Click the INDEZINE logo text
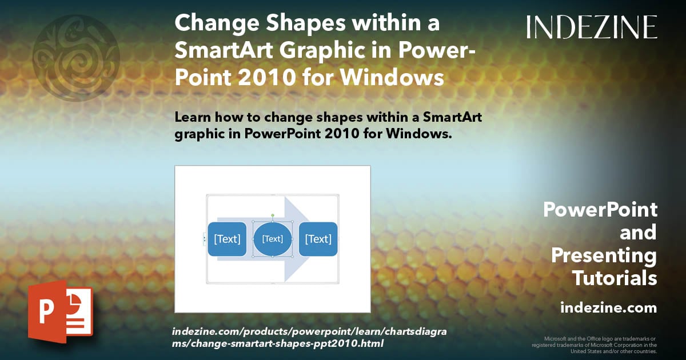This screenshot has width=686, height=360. [x=592, y=27]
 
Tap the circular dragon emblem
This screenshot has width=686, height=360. [x=76, y=58]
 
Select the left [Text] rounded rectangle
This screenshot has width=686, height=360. [x=227, y=239]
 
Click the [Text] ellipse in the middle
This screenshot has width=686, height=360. [x=273, y=239]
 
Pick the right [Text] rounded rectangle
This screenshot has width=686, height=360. [x=318, y=239]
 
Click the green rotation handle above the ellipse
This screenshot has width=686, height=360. [x=273, y=215]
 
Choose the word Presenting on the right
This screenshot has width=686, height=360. [x=604, y=255]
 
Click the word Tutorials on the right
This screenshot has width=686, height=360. [x=615, y=278]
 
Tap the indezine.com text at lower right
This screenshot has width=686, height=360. [x=608, y=308]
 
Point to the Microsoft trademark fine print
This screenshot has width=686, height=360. [x=594, y=345]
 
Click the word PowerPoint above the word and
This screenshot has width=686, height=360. [x=600, y=210]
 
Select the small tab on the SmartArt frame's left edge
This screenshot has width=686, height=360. [x=205, y=239]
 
